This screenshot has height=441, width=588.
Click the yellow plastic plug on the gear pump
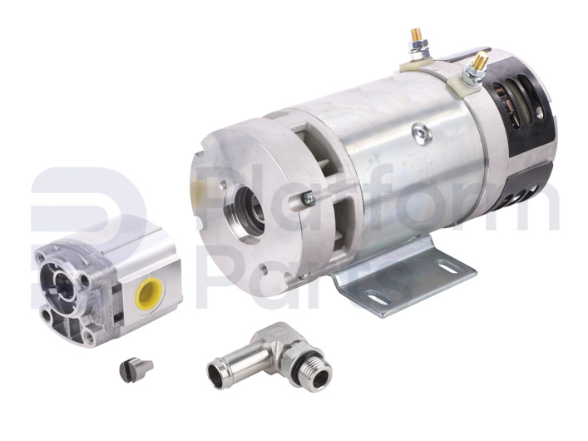149,293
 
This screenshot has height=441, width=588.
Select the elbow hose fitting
269,356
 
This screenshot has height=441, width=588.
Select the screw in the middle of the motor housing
421,132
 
